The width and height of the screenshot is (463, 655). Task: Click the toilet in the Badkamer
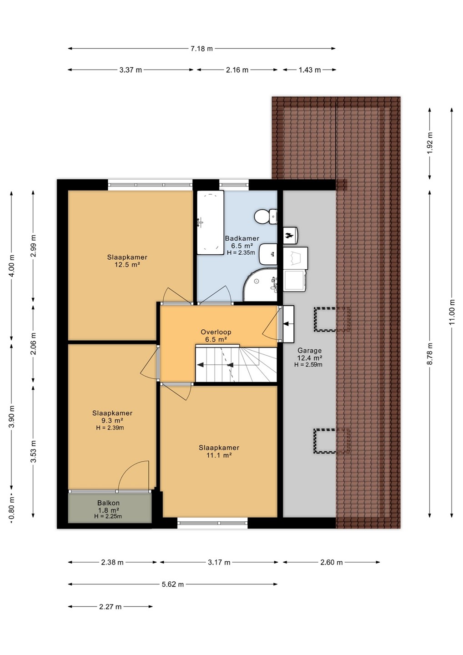point(266,217)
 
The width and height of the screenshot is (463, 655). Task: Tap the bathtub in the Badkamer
point(210,222)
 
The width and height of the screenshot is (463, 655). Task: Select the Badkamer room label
point(242,238)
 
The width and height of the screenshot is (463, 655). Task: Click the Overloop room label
point(216,332)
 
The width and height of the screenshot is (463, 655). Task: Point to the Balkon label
point(108,503)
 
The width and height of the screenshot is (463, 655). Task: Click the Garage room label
point(310,350)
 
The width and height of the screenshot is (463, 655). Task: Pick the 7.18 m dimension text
point(201,49)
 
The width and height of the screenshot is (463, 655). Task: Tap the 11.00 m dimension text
point(452,312)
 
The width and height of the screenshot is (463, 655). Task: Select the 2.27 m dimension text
point(110,607)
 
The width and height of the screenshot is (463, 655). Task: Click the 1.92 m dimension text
point(429,143)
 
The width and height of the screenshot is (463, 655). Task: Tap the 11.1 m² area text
point(219,455)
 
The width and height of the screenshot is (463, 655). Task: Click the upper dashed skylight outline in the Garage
point(332,319)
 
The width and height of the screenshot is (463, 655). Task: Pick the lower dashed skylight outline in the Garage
point(332,441)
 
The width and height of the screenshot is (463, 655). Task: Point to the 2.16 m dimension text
point(237,70)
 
